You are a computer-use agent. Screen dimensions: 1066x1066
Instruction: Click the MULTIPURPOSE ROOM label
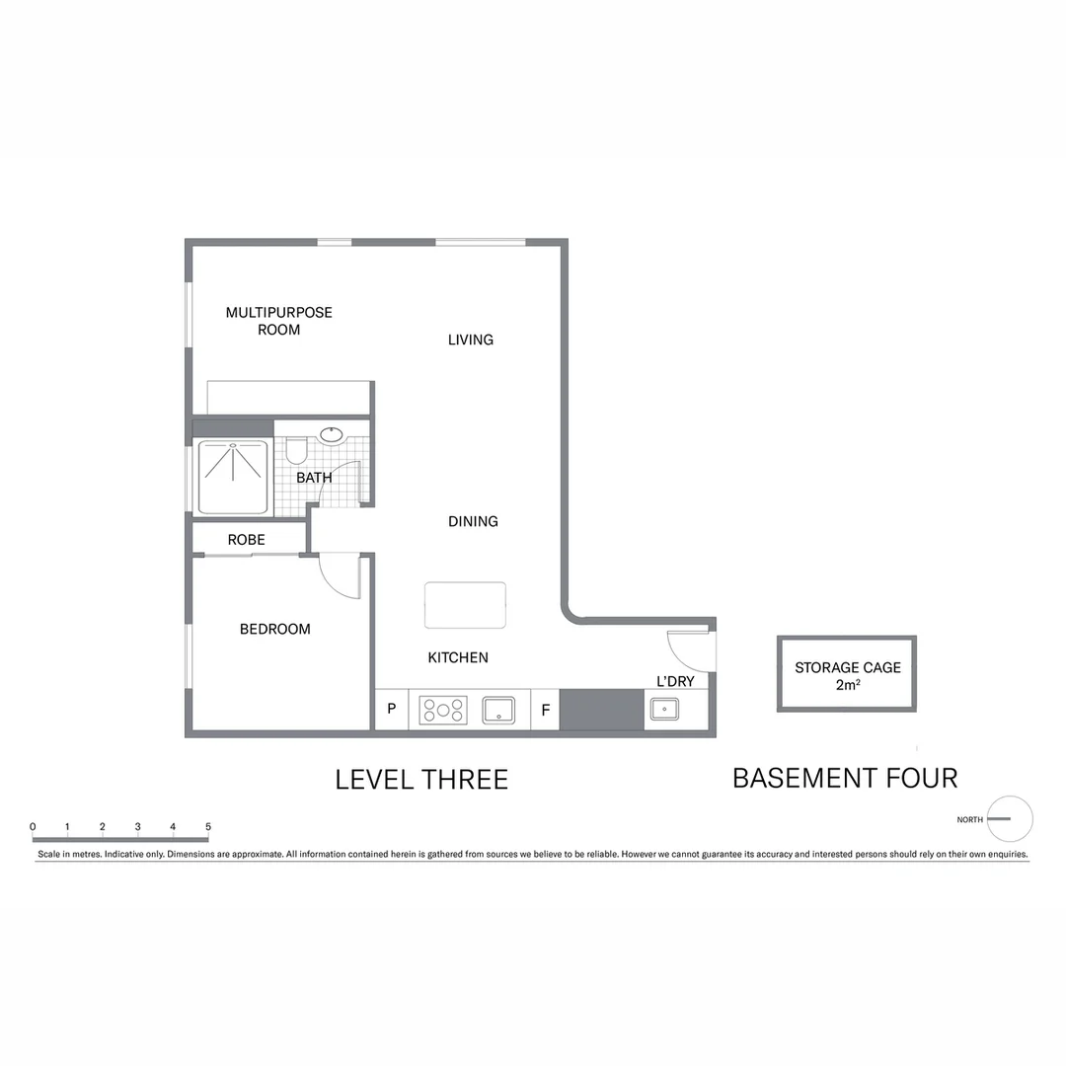(x=278, y=321)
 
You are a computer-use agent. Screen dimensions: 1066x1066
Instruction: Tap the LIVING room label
(x=470, y=340)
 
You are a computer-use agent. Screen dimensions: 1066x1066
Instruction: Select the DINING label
(x=473, y=521)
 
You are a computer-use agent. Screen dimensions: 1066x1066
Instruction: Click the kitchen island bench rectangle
(x=465, y=605)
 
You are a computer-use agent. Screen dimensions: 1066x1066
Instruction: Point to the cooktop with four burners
(x=443, y=711)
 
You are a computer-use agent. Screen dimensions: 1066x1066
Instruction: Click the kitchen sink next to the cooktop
(x=498, y=710)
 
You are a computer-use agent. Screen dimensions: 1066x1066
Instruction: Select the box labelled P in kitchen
(x=391, y=710)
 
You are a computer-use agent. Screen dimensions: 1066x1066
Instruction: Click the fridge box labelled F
(x=545, y=710)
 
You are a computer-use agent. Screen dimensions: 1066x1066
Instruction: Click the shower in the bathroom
(x=233, y=478)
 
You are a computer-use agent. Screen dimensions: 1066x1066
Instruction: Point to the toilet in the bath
(x=295, y=453)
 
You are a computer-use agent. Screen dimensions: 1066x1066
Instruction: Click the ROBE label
(x=246, y=540)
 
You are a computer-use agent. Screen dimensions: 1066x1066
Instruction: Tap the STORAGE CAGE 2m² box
(x=847, y=674)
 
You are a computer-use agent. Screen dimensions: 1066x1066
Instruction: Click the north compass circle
(x=1010, y=819)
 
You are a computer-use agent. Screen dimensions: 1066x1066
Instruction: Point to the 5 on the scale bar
(x=207, y=826)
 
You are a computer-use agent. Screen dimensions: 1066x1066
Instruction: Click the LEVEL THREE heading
(x=421, y=780)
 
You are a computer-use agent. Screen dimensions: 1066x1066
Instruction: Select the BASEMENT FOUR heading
(x=845, y=778)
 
